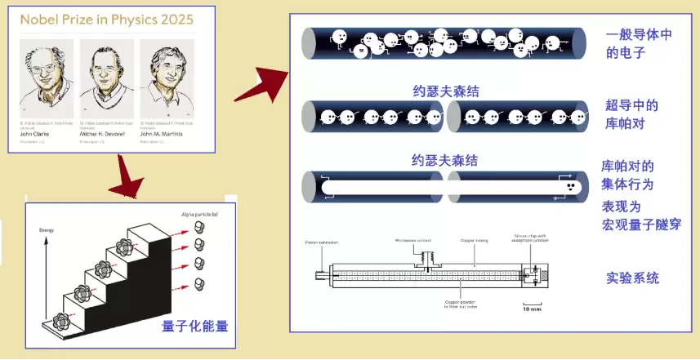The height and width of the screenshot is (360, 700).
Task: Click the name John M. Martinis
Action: (168, 134)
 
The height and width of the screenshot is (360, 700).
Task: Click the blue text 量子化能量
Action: (194, 327)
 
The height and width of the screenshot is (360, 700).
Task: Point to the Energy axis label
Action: (46, 231)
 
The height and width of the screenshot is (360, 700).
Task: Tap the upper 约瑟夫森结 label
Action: (445, 91)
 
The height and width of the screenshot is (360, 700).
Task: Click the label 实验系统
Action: (632, 278)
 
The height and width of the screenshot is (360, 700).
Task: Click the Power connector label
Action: (321, 242)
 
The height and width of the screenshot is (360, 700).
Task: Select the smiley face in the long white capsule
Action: (568, 186)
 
